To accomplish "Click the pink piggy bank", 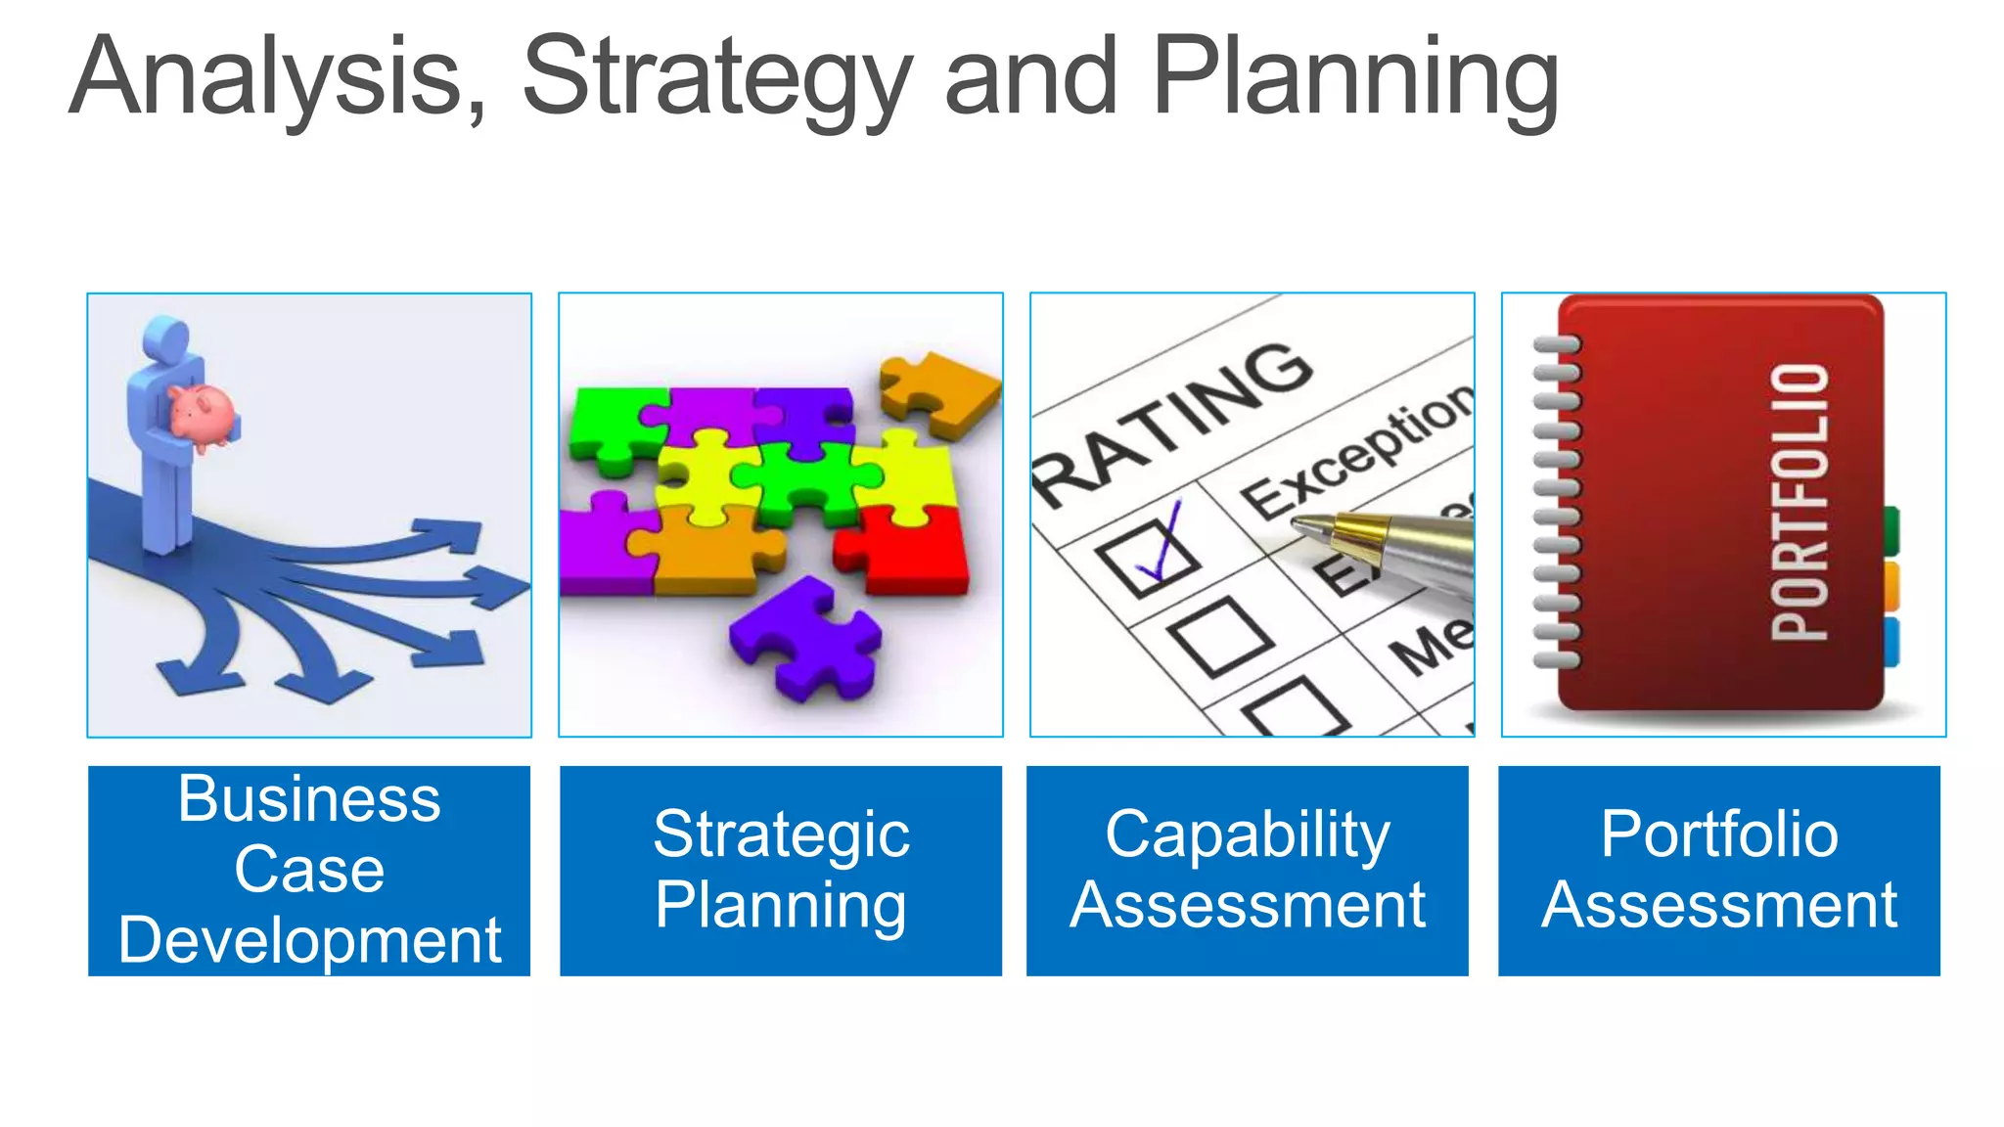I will click(203, 416).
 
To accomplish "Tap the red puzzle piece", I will click(905, 553).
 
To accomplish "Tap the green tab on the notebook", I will click(1891, 529).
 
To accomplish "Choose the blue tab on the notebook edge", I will click(1891, 641).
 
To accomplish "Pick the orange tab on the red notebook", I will click(1891, 585).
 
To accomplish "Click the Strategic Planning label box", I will click(781, 871).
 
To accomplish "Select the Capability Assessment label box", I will click(1248, 871).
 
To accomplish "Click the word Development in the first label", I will click(309, 941).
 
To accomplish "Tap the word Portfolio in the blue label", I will click(1719, 834).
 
